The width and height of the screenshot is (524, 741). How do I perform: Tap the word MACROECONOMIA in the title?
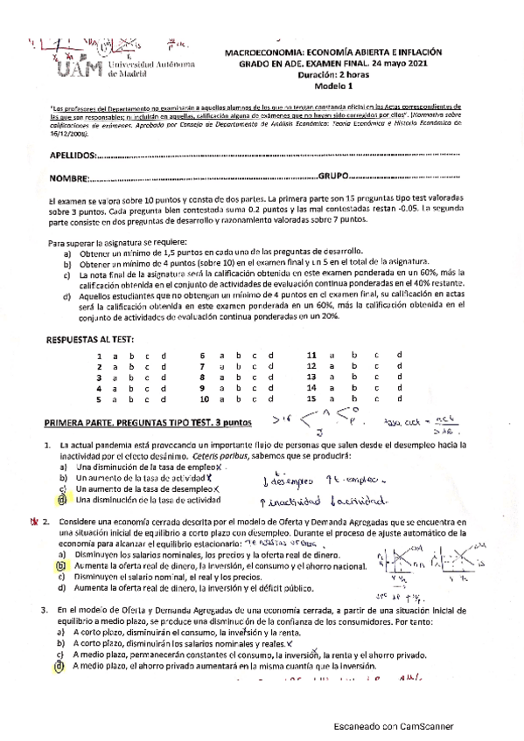coord(273,52)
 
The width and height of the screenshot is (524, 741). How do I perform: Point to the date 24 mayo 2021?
coord(410,64)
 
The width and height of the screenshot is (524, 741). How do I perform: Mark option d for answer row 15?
coord(400,398)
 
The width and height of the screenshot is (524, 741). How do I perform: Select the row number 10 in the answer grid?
coord(202,398)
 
